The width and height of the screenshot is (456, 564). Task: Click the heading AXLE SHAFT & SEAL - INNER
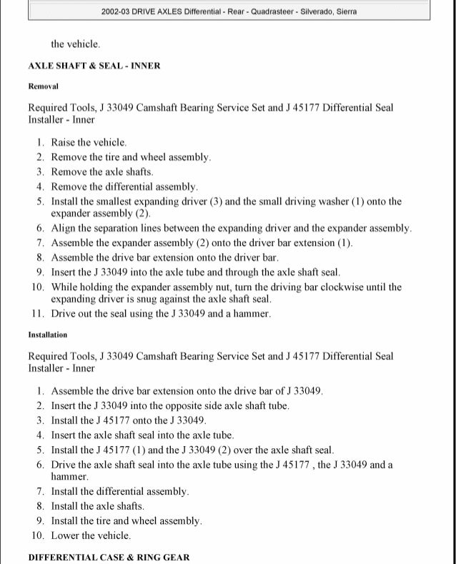(94, 66)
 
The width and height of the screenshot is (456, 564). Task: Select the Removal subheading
(43, 86)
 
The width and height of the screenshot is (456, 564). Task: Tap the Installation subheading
(48, 335)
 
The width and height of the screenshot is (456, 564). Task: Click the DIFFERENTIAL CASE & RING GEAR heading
(109, 557)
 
